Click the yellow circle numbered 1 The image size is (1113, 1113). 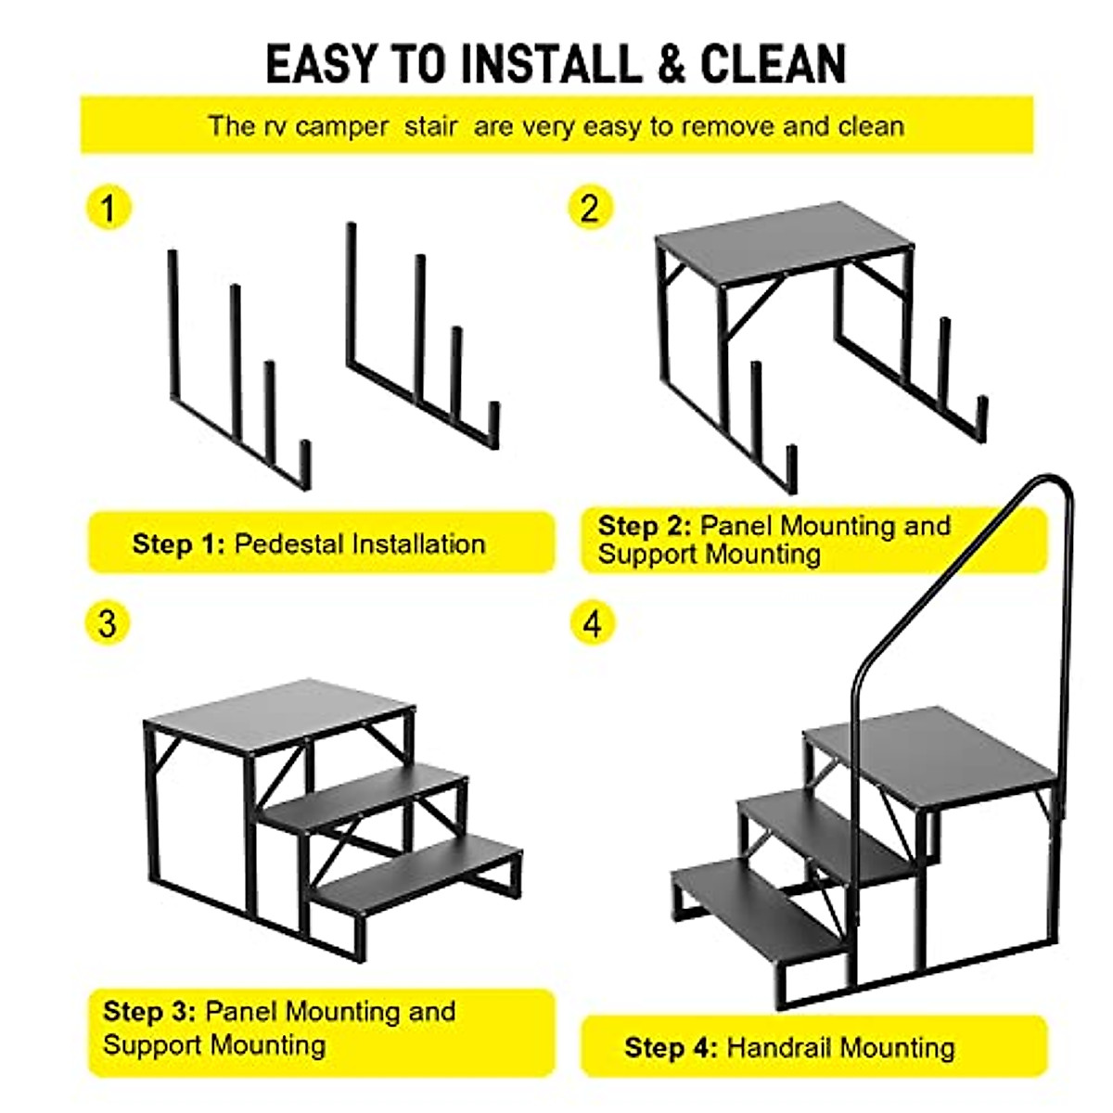coord(109,208)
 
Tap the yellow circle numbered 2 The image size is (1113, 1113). coord(590,208)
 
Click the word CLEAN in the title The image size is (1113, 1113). coord(774,65)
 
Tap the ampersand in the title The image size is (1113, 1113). coord(671,65)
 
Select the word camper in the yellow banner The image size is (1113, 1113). coord(342,127)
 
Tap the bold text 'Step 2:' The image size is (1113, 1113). coord(645,526)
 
